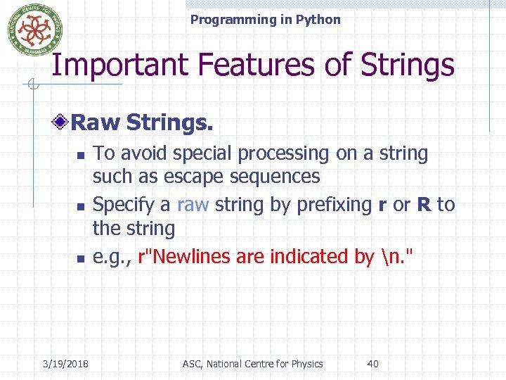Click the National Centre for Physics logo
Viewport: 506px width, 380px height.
coord(30,30)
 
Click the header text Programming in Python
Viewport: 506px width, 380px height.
coord(265,20)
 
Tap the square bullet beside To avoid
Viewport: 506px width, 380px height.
coord(80,155)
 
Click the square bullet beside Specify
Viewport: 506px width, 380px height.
coord(80,206)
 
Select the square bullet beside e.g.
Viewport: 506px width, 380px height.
coord(80,258)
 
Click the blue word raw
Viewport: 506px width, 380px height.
coord(193,205)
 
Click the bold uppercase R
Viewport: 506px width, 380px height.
coord(424,205)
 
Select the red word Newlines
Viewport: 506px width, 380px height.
coord(186,256)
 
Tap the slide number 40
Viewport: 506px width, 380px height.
coord(372,364)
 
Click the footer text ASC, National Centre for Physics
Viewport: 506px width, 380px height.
coord(252,364)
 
